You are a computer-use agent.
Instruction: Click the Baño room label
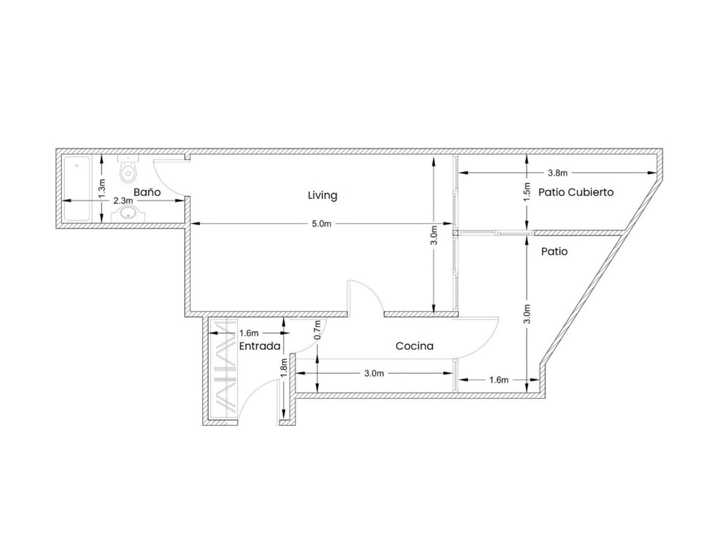tap(147, 192)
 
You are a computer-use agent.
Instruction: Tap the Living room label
tap(322, 196)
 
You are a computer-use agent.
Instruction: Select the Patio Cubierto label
tap(576, 192)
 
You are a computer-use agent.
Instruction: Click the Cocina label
tap(414, 346)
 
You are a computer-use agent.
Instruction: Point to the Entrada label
tap(259, 346)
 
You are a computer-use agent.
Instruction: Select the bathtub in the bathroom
tap(77, 189)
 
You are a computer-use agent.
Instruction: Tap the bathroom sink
tap(128, 214)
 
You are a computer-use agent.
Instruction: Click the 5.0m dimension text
tap(321, 224)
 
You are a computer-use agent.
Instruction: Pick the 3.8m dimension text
tap(557, 173)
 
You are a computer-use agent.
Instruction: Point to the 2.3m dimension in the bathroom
tap(123, 200)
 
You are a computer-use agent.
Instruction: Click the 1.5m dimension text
tap(527, 192)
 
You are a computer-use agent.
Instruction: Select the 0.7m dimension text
tap(317, 330)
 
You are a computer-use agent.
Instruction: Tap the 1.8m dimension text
tap(284, 367)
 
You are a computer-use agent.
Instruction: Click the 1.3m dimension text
tap(102, 188)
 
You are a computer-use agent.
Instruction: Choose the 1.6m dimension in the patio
tap(499, 379)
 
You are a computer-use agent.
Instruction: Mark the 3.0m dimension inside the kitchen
tap(374, 373)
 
